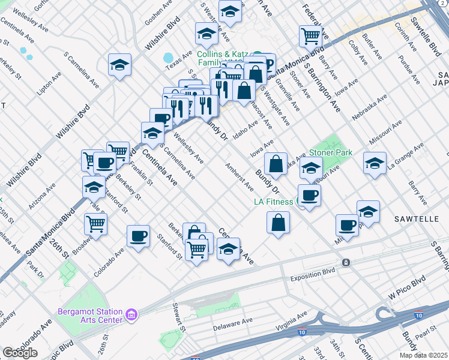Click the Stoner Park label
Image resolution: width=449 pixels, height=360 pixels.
coord(331,152)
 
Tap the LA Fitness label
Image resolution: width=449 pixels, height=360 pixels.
coord(273,202)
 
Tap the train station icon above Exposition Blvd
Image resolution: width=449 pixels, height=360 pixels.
coord(346,263)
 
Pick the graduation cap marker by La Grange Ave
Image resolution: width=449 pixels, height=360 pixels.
coord(375,163)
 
